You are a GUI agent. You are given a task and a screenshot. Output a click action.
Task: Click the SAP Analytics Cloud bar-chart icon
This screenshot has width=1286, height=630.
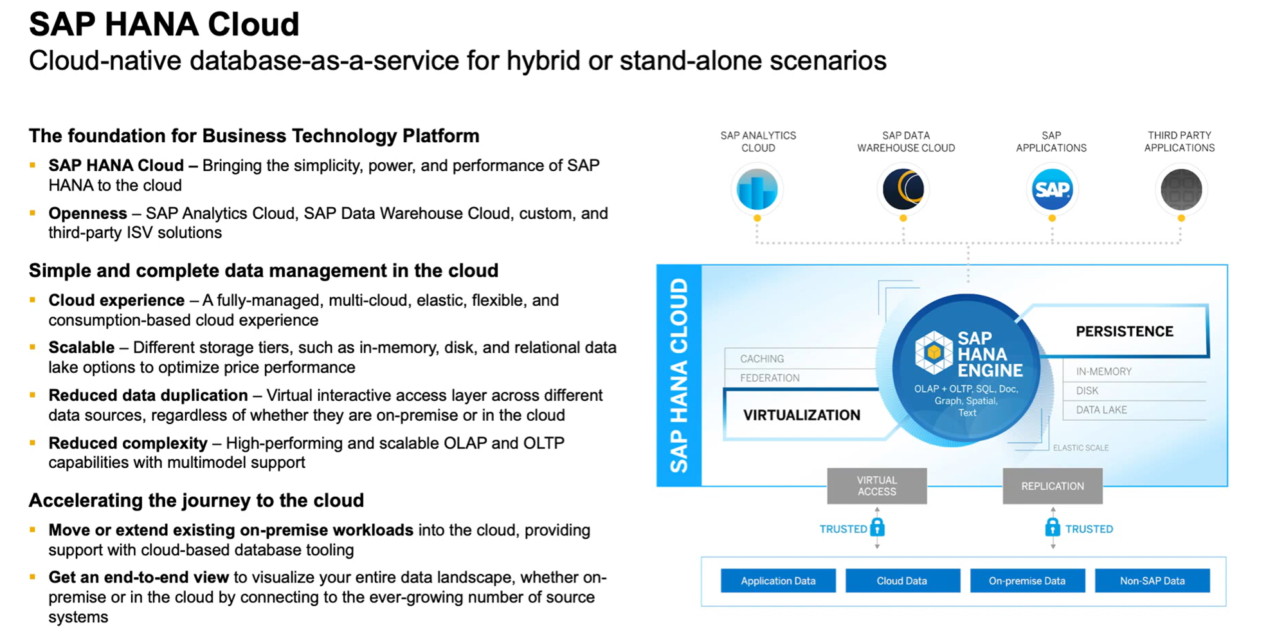(x=757, y=189)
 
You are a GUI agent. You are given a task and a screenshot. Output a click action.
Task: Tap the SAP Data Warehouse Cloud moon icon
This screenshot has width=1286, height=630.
(x=903, y=189)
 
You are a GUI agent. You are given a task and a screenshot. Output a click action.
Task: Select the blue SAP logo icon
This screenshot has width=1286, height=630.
(x=1052, y=189)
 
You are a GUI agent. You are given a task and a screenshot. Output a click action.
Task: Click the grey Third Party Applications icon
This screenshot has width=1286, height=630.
(x=1181, y=189)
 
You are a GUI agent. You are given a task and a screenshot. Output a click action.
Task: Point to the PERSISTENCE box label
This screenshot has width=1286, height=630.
(x=1125, y=331)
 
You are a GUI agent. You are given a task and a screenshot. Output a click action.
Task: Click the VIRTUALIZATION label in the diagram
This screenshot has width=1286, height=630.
(x=801, y=415)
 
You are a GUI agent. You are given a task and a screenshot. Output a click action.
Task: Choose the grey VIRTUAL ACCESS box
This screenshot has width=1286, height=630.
(x=876, y=486)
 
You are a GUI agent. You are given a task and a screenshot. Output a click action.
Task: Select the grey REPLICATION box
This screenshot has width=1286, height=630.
(x=1052, y=486)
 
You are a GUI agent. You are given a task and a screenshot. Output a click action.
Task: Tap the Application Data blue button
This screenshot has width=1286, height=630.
(x=778, y=580)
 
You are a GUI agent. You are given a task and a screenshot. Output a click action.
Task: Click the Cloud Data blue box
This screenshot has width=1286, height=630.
(x=902, y=580)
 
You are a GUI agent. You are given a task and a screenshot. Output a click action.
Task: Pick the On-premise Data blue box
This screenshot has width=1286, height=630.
(x=1027, y=580)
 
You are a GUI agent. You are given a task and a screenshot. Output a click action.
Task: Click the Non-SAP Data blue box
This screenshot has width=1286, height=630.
(x=1152, y=580)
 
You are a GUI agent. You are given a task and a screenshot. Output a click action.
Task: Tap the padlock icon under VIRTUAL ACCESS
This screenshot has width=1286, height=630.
(x=878, y=528)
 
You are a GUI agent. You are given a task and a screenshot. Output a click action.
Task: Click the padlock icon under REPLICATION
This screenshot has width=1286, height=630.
(x=1052, y=528)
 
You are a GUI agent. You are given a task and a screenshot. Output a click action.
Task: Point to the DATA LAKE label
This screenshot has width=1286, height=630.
(x=1101, y=410)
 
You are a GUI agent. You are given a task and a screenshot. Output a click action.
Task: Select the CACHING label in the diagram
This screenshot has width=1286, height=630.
(x=762, y=358)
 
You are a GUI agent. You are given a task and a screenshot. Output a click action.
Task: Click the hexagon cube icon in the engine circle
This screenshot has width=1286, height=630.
(x=934, y=353)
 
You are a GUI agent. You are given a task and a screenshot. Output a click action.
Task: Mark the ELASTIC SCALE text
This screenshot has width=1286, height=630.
(x=1080, y=448)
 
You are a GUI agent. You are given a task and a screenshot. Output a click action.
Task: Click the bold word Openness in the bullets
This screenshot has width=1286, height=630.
(x=87, y=213)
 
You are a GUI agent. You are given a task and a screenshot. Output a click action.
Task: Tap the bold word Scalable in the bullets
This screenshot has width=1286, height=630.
(x=82, y=347)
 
